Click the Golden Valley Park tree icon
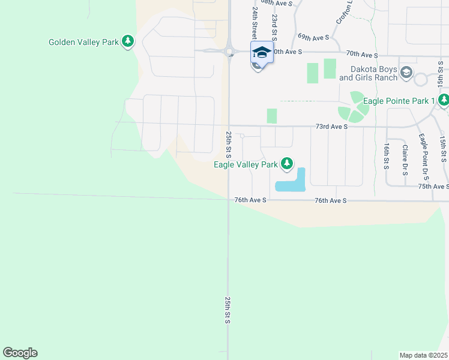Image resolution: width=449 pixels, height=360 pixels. [127, 41]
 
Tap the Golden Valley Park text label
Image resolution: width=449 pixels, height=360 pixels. [83, 42]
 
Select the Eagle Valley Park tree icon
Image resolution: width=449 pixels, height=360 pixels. [288, 163]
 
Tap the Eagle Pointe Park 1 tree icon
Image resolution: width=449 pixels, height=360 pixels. [444, 101]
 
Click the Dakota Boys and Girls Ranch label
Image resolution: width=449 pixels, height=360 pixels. [369, 73]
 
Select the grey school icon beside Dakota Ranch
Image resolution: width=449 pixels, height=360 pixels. [406, 73]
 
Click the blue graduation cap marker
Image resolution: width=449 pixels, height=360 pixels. [261, 52]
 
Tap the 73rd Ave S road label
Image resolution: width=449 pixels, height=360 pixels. [331, 127]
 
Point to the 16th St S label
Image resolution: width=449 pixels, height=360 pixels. [386, 155]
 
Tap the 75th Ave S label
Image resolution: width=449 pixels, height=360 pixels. [433, 187]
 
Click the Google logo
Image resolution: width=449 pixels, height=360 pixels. [20, 353]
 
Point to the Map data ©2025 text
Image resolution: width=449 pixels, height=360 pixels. [424, 355]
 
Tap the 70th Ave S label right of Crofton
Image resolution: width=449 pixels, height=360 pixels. [363, 55]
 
